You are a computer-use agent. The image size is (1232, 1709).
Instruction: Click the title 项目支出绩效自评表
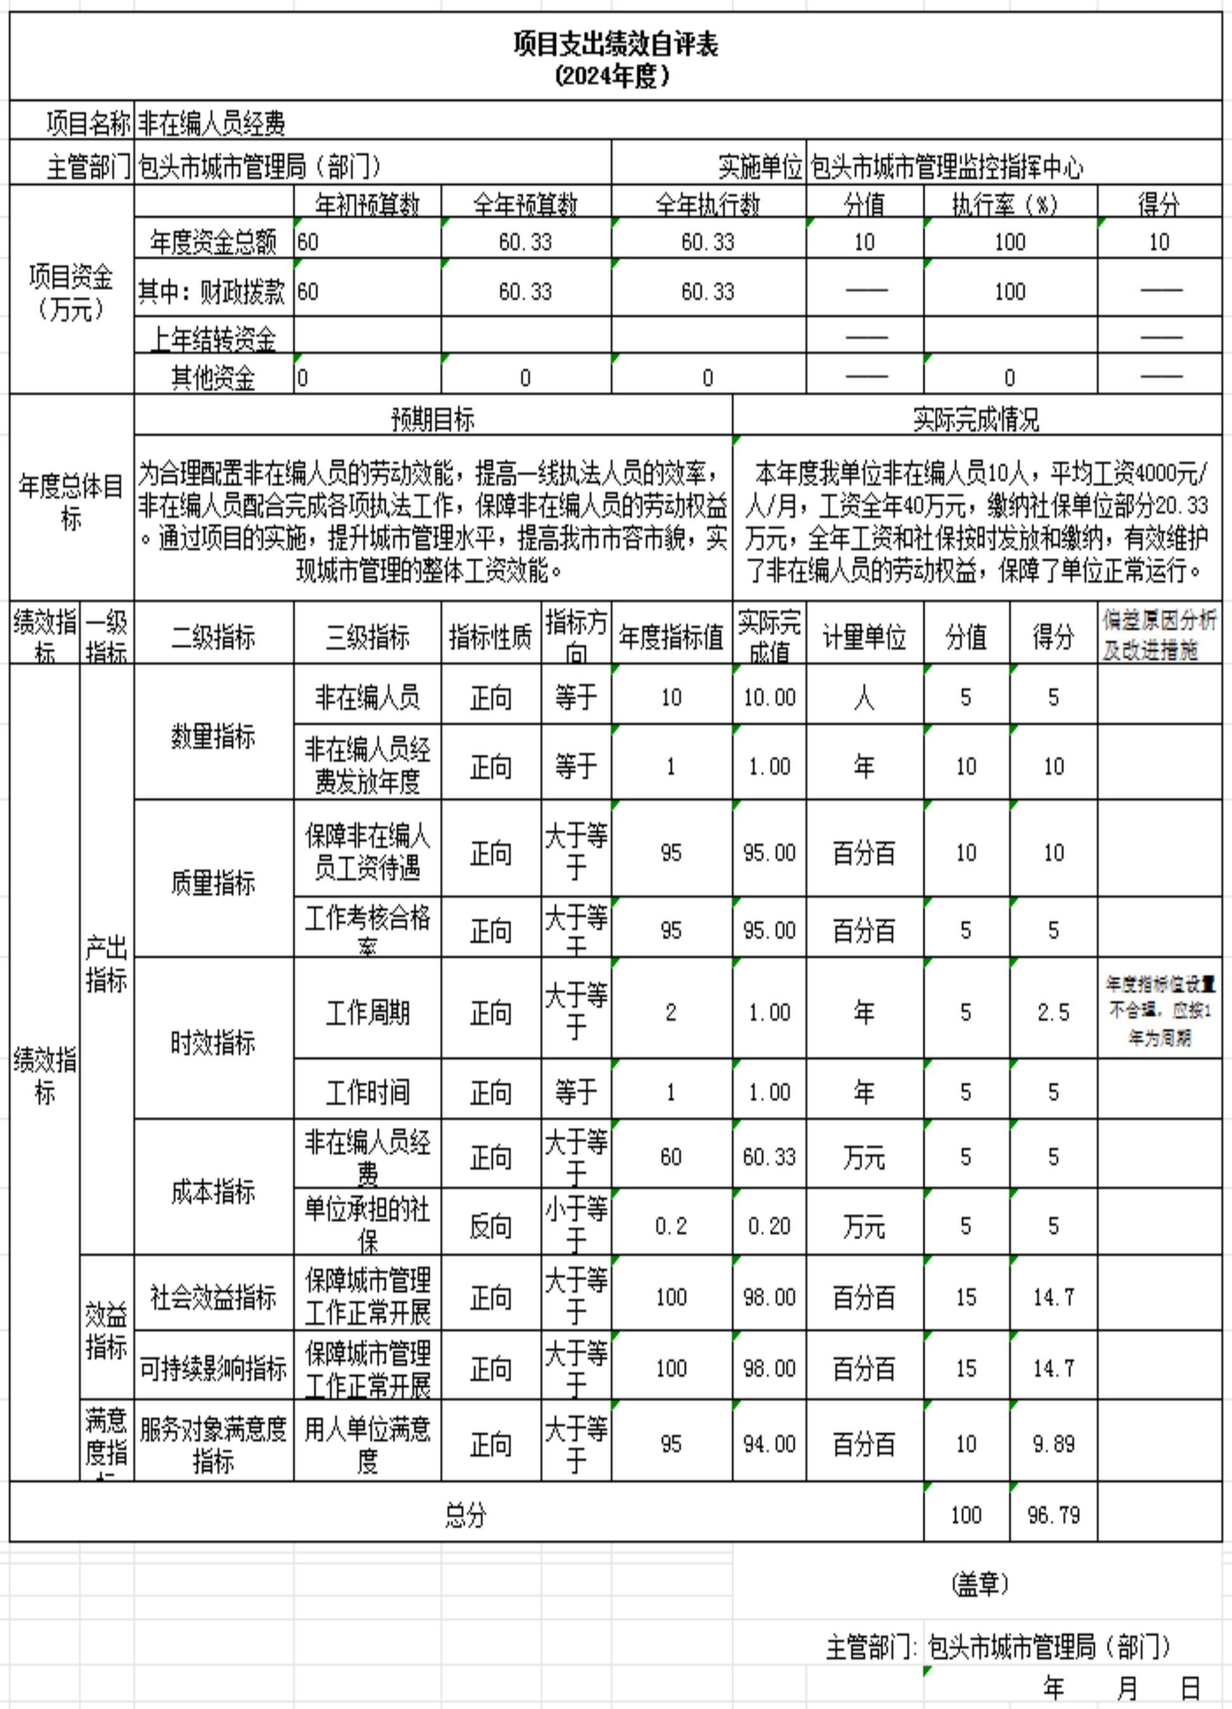coord(615,44)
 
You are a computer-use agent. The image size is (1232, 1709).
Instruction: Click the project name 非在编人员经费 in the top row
coord(211,123)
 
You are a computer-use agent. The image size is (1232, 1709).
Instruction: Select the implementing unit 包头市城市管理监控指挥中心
coord(946,167)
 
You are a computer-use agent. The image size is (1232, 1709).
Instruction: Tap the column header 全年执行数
coord(708,204)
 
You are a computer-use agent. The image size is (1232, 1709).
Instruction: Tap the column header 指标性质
coord(491,638)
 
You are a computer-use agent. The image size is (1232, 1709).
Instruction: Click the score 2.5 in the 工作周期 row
coord(1053,1012)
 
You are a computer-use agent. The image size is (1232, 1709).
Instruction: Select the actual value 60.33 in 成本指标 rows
coord(769,1157)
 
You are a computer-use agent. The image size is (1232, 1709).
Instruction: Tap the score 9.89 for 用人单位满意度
coord(1053,1444)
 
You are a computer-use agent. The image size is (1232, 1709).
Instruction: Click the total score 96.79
coord(1053,1515)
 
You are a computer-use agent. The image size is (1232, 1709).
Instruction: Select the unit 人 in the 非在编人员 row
coord(864,698)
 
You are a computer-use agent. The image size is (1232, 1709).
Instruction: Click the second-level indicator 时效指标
coord(213,1043)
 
